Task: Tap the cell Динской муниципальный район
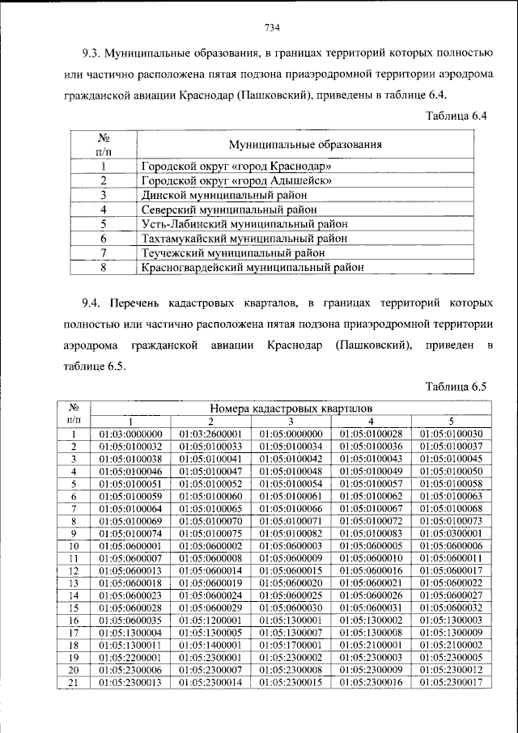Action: point(224,195)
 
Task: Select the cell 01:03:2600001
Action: point(210,434)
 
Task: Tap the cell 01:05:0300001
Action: point(451,534)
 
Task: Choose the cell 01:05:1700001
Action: point(291,645)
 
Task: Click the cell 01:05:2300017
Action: point(451,683)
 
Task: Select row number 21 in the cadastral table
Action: point(73,683)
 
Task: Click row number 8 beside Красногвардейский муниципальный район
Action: point(104,265)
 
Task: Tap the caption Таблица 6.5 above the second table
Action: point(456,386)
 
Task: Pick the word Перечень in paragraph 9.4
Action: point(135,303)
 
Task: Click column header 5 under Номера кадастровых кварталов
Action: point(451,422)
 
